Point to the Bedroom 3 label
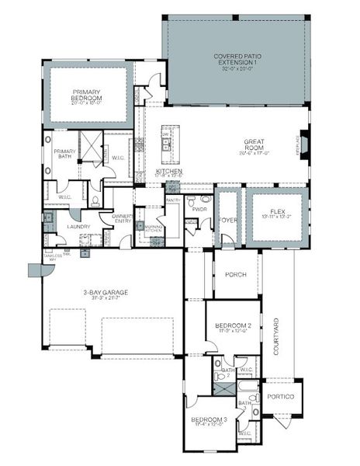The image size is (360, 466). (209, 420)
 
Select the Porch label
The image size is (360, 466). (236, 274)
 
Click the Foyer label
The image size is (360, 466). (227, 218)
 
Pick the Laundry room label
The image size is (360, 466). (78, 227)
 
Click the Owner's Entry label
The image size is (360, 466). (123, 218)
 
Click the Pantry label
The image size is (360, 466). (172, 200)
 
